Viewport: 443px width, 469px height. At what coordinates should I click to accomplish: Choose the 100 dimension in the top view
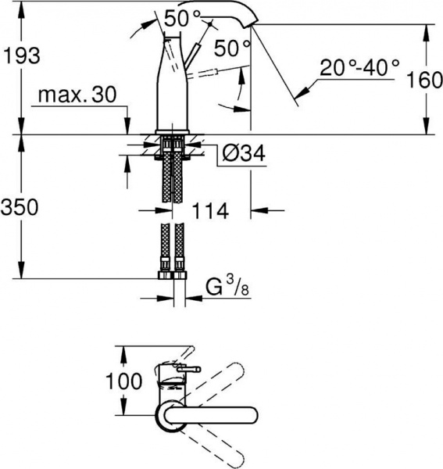tap(125, 381)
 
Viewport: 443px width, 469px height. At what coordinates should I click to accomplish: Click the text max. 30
tap(75, 96)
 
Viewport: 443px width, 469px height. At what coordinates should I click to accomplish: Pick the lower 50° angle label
tap(232, 47)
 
